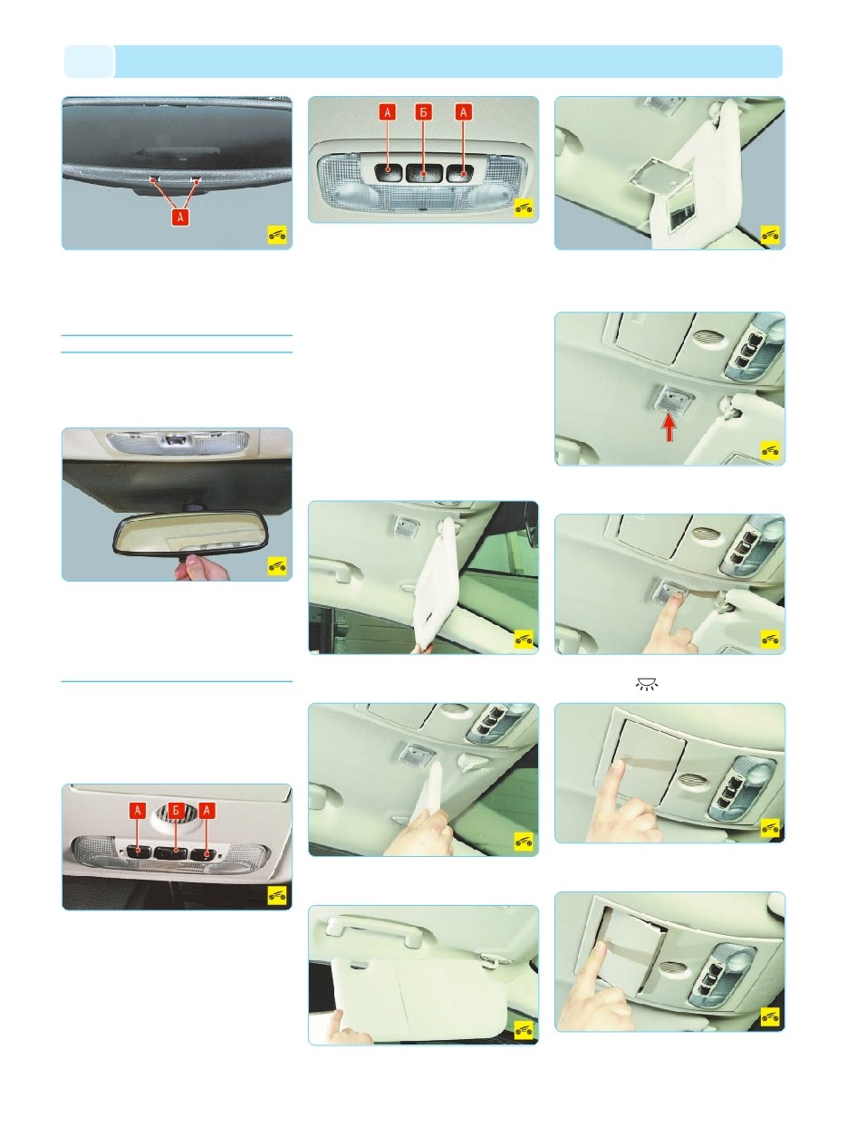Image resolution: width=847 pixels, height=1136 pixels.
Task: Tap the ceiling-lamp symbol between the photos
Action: pyautogui.click(x=647, y=684)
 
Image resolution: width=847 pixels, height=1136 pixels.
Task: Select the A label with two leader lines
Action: pyautogui.click(x=180, y=217)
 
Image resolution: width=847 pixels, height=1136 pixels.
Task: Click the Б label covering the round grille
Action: pyautogui.click(x=176, y=810)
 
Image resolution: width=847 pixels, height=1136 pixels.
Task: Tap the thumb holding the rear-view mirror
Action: pyautogui.click(x=191, y=561)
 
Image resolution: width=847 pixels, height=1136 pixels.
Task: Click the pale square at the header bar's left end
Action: pyautogui.click(x=89, y=62)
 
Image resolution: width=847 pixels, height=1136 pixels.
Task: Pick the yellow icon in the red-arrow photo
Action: pyautogui.click(x=770, y=450)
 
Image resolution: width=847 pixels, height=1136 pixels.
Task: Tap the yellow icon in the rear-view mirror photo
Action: pyautogui.click(x=277, y=565)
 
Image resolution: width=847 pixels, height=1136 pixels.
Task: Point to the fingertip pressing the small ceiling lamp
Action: pyautogui.click(x=673, y=599)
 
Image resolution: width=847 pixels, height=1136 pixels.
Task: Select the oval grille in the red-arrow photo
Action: pyautogui.click(x=706, y=337)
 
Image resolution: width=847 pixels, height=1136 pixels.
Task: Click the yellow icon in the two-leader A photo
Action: pyautogui.click(x=277, y=235)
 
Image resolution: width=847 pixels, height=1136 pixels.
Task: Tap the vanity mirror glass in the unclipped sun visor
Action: pyautogui.click(x=681, y=212)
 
